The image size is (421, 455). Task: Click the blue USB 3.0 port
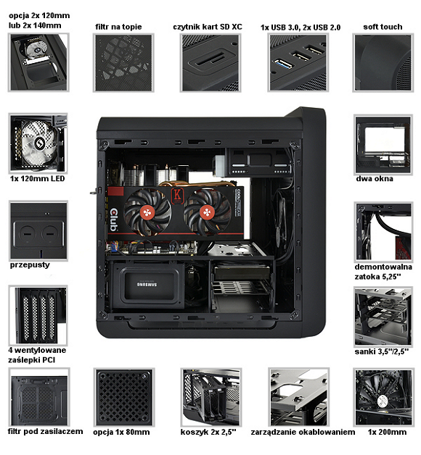click(282, 64)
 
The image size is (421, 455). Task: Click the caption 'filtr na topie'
click(118, 27)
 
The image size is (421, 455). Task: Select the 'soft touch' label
click(383, 27)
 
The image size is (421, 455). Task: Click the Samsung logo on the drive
click(147, 284)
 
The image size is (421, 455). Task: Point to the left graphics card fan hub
click(147, 212)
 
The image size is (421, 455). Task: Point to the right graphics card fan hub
click(208, 212)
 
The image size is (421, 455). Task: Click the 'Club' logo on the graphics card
click(114, 220)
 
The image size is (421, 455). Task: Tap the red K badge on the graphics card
click(177, 195)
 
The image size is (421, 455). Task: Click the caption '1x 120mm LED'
click(37, 178)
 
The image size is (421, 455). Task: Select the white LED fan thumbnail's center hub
click(39, 143)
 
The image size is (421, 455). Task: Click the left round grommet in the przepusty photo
click(27, 233)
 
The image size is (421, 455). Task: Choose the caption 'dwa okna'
click(375, 178)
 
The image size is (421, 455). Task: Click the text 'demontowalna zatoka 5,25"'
click(383, 272)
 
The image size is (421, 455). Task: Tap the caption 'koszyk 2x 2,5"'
click(208, 432)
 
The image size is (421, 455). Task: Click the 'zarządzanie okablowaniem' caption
click(303, 432)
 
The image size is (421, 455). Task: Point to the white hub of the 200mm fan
click(382, 401)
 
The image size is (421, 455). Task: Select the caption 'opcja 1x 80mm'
click(121, 432)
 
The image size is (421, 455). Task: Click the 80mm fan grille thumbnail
click(124, 397)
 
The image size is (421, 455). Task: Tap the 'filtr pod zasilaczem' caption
click(45, 432)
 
